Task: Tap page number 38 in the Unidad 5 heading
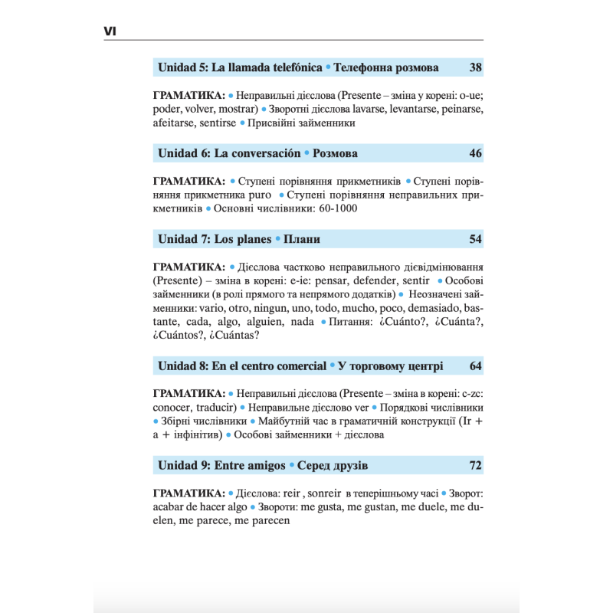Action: (x=475, y=67)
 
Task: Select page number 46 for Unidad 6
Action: (x=475, y=153)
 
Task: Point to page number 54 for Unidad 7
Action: (x=475, y=239)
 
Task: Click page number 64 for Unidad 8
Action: (x=475, y=366)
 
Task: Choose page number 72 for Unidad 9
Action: (x=475, y=465)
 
